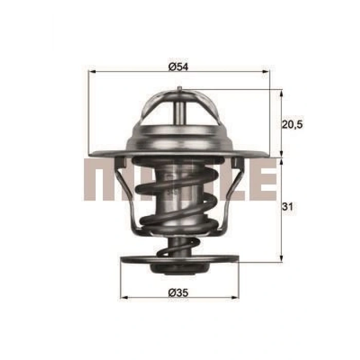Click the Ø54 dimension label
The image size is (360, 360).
point(178,66)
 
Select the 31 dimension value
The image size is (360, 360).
point(289,208)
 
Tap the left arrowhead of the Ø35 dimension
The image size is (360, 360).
point(124,297)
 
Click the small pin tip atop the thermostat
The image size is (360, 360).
point(178,90)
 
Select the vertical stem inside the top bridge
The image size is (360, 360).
point(178,111)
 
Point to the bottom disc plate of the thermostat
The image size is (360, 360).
point(178,259)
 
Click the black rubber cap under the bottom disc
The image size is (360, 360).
point(178,268)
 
